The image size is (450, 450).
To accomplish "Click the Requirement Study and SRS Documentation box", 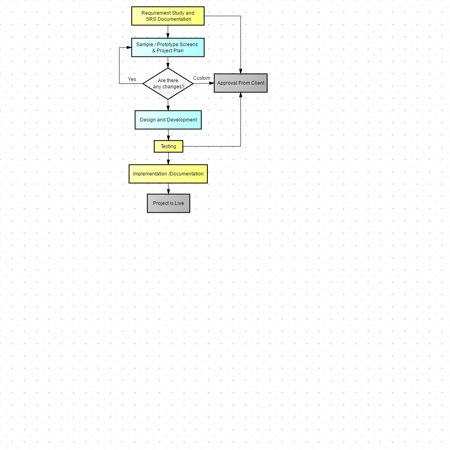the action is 168,16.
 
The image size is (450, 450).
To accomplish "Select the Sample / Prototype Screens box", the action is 168,47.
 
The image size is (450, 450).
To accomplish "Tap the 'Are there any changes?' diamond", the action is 168,84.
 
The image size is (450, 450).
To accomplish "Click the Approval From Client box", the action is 241,83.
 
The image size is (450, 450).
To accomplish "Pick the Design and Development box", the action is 168,120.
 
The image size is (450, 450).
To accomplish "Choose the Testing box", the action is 169,146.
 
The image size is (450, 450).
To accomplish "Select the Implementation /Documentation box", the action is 168,174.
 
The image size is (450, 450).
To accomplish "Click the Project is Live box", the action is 169,203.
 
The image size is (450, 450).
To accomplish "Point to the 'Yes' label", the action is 132,79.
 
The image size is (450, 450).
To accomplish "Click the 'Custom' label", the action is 201,78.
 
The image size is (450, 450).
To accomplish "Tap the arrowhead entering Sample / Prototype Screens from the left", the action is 129,47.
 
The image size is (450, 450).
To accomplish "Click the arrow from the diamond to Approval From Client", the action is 204,83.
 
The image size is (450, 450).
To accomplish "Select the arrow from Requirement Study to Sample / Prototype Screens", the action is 168,32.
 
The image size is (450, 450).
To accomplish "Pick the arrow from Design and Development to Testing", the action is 169,135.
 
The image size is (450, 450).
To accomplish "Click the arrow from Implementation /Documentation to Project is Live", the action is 169,189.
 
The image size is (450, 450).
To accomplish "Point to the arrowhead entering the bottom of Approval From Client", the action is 241,95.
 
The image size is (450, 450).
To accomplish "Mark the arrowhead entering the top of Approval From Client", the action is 241,71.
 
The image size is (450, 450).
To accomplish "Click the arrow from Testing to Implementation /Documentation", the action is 169,158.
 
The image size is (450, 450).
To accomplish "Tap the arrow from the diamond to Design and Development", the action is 168,105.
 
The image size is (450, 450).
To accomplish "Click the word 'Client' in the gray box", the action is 258,83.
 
